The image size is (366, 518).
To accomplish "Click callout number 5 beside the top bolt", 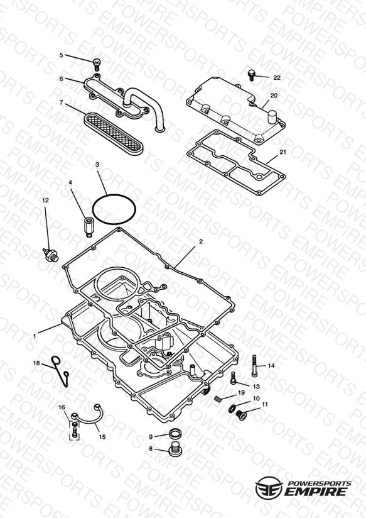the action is click(61, 55).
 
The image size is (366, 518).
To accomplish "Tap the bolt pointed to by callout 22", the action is click(251, 75).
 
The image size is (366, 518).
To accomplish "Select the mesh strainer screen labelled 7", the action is click(114, 133).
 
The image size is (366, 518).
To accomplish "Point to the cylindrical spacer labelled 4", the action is click(88, 226).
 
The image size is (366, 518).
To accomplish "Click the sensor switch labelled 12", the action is click(51, 255).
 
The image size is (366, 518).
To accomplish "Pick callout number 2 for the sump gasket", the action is click(201, 241).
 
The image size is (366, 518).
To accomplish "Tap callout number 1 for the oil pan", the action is click(35, 336).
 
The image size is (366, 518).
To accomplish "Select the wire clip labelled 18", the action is click(62, 370).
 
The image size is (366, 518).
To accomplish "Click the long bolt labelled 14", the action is click(254, 366).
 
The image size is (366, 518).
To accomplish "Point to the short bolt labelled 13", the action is click(234, 378).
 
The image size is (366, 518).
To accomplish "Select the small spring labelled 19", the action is click(218, 399).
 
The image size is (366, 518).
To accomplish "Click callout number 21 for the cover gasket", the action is click(283, 152).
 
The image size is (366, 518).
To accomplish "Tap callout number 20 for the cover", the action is click(274, 96).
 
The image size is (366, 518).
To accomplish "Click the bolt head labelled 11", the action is click(242, 416).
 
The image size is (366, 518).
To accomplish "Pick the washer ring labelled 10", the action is click(232, 409).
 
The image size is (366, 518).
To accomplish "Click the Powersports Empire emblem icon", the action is click(269, 487).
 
